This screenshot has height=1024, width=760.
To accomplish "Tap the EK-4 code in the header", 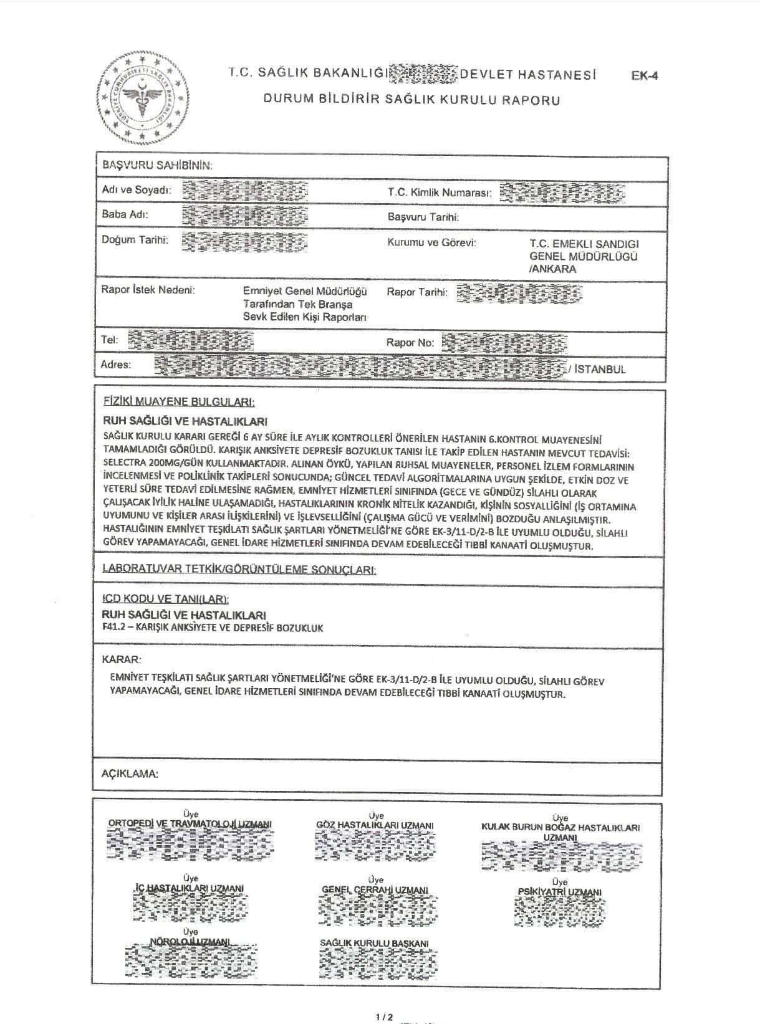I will (x=645, y=77).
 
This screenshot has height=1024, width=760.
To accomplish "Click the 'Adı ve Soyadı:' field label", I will (x=137, y=190).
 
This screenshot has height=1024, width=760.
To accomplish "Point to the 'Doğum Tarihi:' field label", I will (x=135, y=240).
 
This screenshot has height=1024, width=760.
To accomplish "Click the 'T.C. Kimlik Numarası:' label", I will (x=439, y=193).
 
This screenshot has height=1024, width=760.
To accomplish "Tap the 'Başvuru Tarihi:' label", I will (x=423, y=217).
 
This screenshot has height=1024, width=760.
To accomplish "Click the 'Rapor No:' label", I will (x=410, y=342).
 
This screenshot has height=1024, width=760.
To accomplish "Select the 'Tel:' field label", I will (x=109, y=340).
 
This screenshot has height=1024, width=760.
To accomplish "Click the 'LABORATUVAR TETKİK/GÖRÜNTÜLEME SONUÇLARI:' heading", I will (x=239, y=569).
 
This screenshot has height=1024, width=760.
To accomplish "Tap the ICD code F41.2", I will (x=112, y=628).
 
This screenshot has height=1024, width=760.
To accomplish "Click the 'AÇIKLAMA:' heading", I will (x=130, y=773).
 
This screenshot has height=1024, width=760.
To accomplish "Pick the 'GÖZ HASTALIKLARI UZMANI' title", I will (x=375, y=825).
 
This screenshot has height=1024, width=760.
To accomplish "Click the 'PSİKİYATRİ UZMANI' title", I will (x=559, y=892).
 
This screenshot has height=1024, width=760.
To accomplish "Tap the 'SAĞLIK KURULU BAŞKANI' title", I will (x=374, y=944).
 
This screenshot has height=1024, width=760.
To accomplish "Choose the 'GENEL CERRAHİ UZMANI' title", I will (x=375, y=889).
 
